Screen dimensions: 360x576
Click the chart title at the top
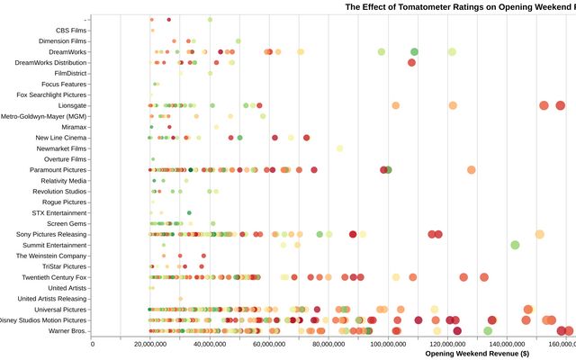click(x=460, y=6)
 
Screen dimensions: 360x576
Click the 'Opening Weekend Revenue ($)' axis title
click(x=499, y=354)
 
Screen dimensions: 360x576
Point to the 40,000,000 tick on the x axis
click(x=210, y=343)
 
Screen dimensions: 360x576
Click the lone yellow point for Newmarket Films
click(x=339, y=148)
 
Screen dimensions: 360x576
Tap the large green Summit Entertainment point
click(x=515, y=245)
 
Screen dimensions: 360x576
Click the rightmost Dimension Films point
click(x=238, y=41)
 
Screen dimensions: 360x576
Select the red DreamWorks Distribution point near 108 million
click(x=411, y=63)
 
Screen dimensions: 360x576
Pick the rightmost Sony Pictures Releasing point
click(x=539, y=234)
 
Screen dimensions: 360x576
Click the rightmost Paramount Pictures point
click(x=471, y=169)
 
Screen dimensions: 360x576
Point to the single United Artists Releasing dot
click(x=180, y=299)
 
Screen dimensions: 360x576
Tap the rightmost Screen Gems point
click(x=212, y=223)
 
